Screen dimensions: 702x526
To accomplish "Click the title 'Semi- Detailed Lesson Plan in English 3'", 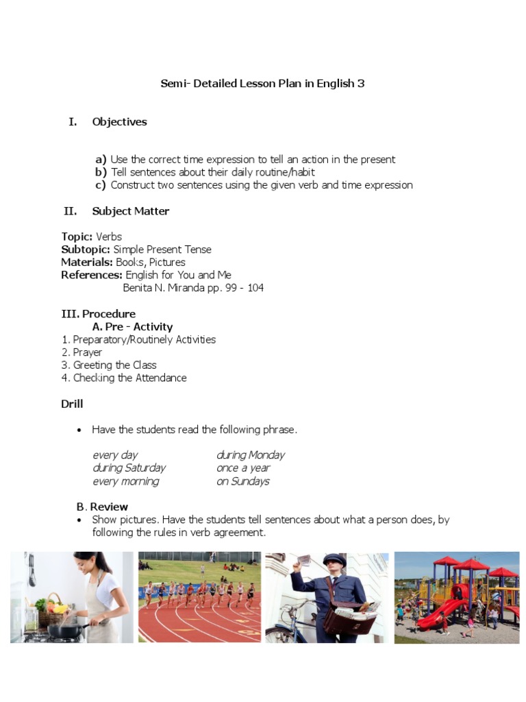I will [x=262, y=84].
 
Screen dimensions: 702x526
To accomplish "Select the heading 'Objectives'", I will [x=119, y=122].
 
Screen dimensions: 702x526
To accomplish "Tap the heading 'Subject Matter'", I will [x=130, y=211].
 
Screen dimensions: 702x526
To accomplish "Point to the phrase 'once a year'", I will [x=243, y=468].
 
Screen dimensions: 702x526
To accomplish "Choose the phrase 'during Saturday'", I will [x=129, y=468].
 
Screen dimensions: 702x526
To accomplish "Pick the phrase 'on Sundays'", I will [x=242, y=481].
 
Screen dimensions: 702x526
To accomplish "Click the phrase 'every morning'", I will [x=125, y=481].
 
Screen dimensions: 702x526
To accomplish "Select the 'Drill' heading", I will [x=72, y=404].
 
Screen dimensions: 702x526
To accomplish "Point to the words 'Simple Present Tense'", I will [x=162, y=250].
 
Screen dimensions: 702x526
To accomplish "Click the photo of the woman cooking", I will [x=71, y=596].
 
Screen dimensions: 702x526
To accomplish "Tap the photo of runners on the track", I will [x=199, y=596].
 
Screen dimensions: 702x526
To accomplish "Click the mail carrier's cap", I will [x=334, y=560].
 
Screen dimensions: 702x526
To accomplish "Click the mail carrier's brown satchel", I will [x=349, y=620].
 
